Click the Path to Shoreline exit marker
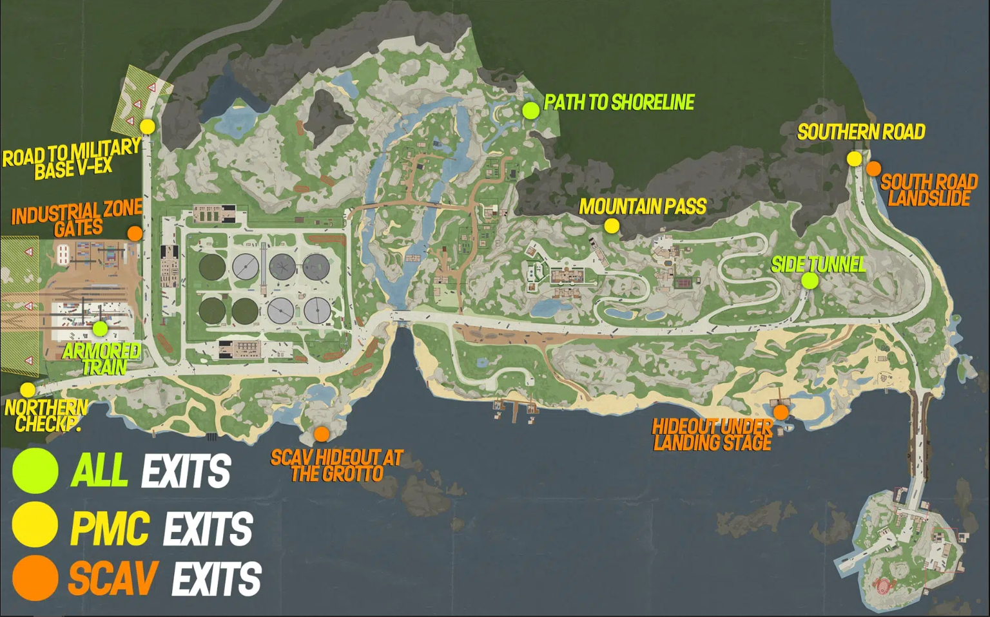tap(530, 110)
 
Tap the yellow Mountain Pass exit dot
tap(612, 226)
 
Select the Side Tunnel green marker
tap(810, 281)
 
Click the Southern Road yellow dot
tap(854, 158)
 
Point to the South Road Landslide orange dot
tap(873, 169)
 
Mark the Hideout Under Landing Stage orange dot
tap(781, 412)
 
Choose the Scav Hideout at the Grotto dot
tap(321, 434)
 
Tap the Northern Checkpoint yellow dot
tap(28, 390)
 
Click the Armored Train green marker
tap(100, 328)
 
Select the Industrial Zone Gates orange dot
tap(135, 233)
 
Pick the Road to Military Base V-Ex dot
tap(148, 126)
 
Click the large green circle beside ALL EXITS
tap(35, 470)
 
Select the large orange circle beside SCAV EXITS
tap(35, 578)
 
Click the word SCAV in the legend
tap(113, 578)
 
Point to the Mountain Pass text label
tap(643, 207)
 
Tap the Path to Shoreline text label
tap(619, 102)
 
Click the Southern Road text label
tap(861, 132)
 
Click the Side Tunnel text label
tap(818, 264)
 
